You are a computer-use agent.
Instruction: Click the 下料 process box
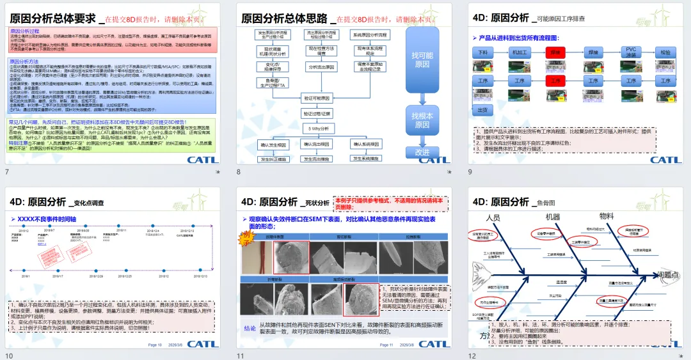(x=484, y=51)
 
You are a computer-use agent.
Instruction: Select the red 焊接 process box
(x=556, y=51)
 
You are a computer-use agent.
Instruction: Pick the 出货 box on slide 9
(x=484, y=110)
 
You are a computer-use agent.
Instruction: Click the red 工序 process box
(x=556, y=81)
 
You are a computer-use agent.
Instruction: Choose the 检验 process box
(x=666, y=51)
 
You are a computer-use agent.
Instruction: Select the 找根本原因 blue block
(x=422, y=120)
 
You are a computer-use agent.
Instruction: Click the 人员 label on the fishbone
(x=493, y=217)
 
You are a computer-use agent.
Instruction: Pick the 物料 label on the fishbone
(x=606, y=215)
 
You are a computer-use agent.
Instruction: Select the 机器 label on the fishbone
(x=552, y=217)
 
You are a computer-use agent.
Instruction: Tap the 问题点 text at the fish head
(x=668, y=275)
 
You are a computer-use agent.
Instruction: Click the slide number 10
(x=9, y=356)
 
